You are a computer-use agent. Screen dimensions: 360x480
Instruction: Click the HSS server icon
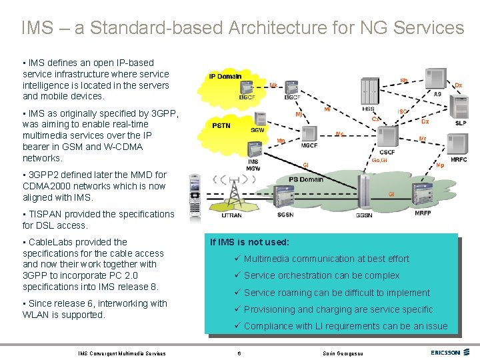(x=369, y=91)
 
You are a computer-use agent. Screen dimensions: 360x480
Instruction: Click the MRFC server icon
(x=459, y=143)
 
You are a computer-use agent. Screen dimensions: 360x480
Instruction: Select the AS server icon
(x=437, y=79)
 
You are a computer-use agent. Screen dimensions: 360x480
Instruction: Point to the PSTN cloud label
(x=222, y=125)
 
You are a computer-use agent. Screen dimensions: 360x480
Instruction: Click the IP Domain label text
(x=225, y=76)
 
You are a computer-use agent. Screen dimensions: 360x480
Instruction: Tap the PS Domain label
(x=305, y=179)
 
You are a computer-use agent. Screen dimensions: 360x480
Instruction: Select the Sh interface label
(x=404, y=80)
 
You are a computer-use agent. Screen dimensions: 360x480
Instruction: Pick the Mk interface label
(x=273, y=85)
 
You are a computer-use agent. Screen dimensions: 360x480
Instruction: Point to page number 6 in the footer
(x=239, y=353)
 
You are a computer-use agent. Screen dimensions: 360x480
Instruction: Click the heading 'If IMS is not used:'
(x=249, y=243)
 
